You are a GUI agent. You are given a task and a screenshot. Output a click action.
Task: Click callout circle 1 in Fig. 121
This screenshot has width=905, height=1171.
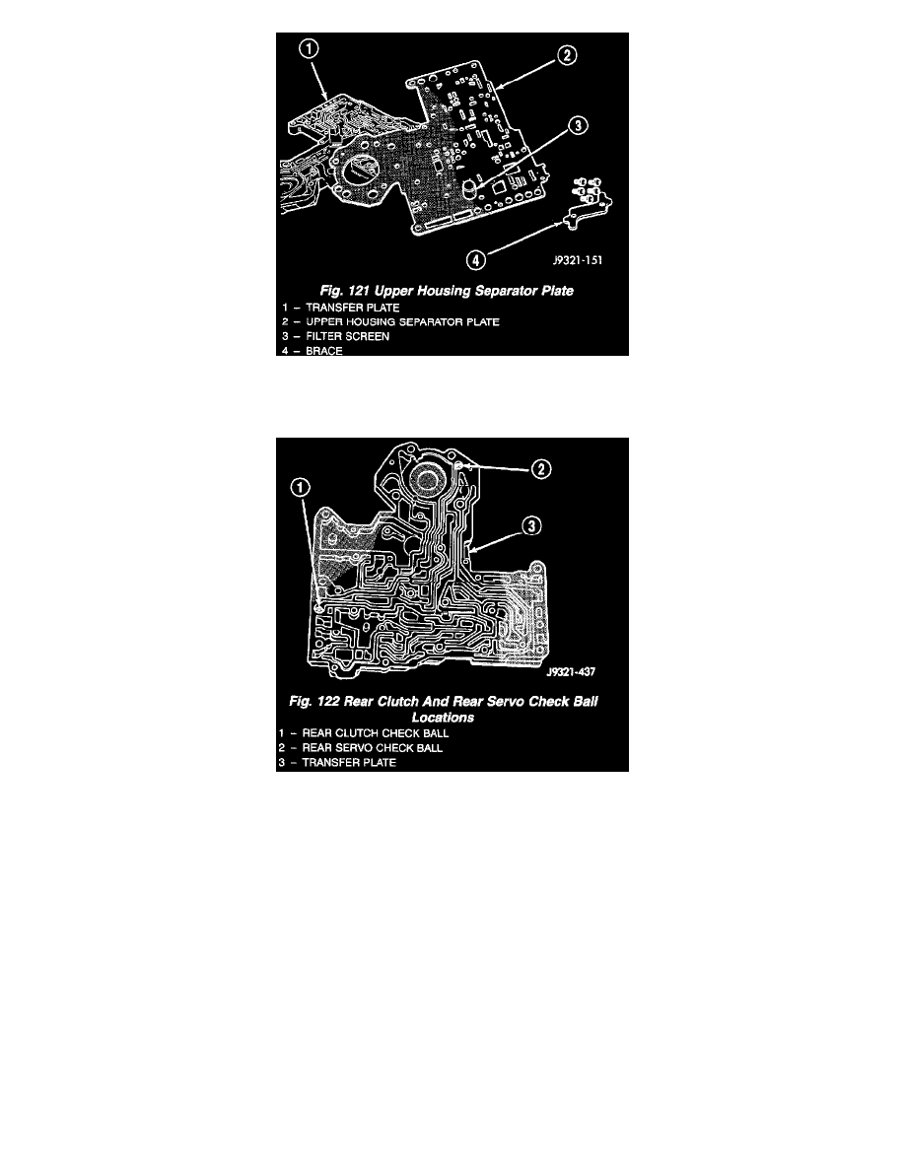coord(309,49)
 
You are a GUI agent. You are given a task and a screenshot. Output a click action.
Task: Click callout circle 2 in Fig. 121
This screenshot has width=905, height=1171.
coord(567,55)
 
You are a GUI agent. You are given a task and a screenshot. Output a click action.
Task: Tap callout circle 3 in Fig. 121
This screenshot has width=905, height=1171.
coord(578,125)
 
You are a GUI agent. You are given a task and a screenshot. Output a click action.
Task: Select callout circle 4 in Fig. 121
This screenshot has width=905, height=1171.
coord(475,260)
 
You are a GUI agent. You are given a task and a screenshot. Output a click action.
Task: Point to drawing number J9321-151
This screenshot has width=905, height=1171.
coord(577,260)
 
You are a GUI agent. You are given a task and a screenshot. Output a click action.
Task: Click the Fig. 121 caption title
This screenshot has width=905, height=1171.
coord(447,291)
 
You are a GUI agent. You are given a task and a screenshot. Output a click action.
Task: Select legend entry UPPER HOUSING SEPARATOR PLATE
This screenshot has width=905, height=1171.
coord(402,322)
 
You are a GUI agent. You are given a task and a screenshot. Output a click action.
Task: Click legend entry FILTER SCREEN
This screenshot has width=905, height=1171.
coord(347,336)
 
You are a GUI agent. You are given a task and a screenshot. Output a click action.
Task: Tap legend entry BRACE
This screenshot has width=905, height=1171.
coord(324,350)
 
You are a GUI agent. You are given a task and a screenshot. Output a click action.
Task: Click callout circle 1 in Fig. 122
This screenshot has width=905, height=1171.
coord(300,488)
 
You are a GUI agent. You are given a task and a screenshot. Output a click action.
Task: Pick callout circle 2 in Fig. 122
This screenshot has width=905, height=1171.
coord(540,469)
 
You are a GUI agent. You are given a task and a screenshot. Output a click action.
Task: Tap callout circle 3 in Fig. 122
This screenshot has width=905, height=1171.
coord(530,526)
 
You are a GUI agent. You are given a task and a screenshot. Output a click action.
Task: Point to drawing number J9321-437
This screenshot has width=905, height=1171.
coord(571,671)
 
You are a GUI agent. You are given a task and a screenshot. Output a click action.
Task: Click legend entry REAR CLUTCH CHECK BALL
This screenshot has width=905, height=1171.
coord(376,733)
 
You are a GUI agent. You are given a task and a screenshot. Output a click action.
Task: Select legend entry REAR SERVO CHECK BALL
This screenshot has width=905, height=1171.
coord(373,747)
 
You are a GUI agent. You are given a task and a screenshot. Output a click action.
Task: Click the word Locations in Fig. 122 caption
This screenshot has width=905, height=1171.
coord(443,718)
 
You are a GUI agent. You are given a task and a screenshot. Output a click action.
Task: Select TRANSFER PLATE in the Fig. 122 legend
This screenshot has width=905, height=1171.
coord(349,763)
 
